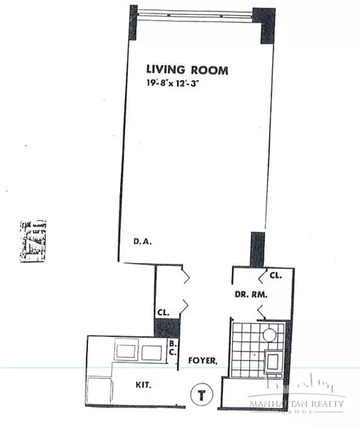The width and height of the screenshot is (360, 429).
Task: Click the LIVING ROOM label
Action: pyautogui.click(x=187, y=70)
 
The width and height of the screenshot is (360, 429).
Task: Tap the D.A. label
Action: pyautogui.click(x=144, y=242)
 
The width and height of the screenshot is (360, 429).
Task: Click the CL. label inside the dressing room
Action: pyautogui.click(x=274, y=275)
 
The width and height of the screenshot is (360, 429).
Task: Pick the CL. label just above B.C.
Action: pyautogui.click(x=164, y=312)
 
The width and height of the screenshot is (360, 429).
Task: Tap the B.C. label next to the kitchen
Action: pyautogui.click(x=172, y=347)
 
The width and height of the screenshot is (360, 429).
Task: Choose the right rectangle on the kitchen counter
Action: pyautogui.click(x=151, y=352)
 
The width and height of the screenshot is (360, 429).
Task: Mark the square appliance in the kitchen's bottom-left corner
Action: pyautogui.click(x=100, y=392)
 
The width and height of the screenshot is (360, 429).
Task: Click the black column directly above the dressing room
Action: pyautogui.click(x=256, y=248)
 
